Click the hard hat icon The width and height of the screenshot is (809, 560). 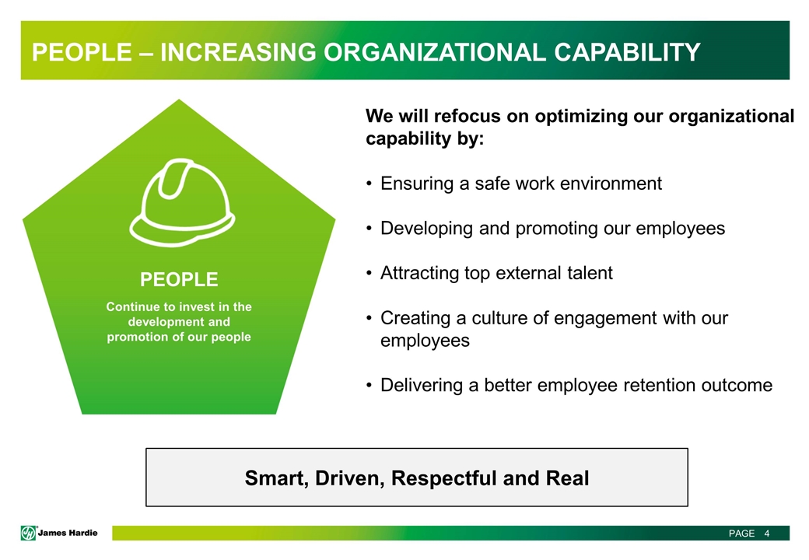pyautogui.click(x=182, y=201)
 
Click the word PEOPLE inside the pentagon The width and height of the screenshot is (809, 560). pyautogui.click(x=179, y=279)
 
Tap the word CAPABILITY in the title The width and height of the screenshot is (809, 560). pyautogui.click(x=628, y=52)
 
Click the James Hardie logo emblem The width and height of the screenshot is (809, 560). pyautogui.click(x=28, y=533)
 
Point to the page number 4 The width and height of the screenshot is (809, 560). pyautogui.click(x=767, y=534)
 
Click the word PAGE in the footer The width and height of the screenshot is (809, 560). pyautogui.click(x=741, y=534)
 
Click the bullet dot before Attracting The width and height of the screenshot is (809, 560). pyautogui.click(x=369, y=273)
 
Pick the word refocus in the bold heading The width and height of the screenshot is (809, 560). pyautogui.click(x=468, y=116)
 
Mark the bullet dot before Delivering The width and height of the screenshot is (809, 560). pyautogui.click(x=369, y=385)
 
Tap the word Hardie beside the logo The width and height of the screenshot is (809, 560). pyautogui.click(x=82, y=533)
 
